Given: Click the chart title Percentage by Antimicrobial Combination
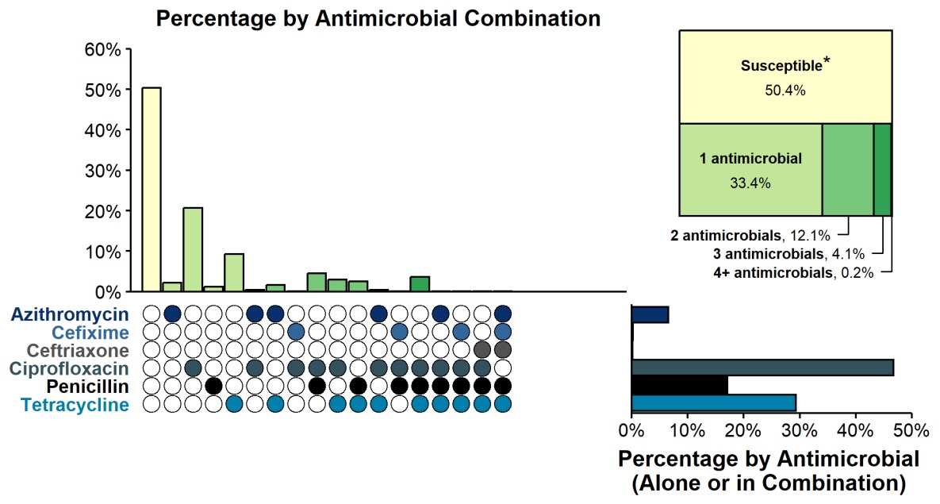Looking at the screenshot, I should [x=378, y=18].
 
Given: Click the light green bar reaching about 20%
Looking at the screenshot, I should [x=193, y=249].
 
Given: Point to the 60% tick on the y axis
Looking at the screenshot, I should [x=104, y=50].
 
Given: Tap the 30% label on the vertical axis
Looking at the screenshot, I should [x=104, y=171].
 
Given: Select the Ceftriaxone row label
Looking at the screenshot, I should [x=78, y=350].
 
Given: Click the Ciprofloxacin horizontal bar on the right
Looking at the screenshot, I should [x=762, y=367].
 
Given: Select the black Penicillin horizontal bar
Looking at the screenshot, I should [x=680, y=385].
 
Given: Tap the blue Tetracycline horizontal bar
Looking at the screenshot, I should [x=713, y=402].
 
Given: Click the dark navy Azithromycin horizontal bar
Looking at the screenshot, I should [x=650, y=314].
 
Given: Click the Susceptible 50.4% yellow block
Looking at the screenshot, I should [x=785, y=77].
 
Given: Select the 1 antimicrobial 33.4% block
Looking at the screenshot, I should [x=750, y=169].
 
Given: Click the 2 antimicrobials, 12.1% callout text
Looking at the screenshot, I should [x=750, y=235].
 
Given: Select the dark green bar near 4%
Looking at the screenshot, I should [x=420, y=283].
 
